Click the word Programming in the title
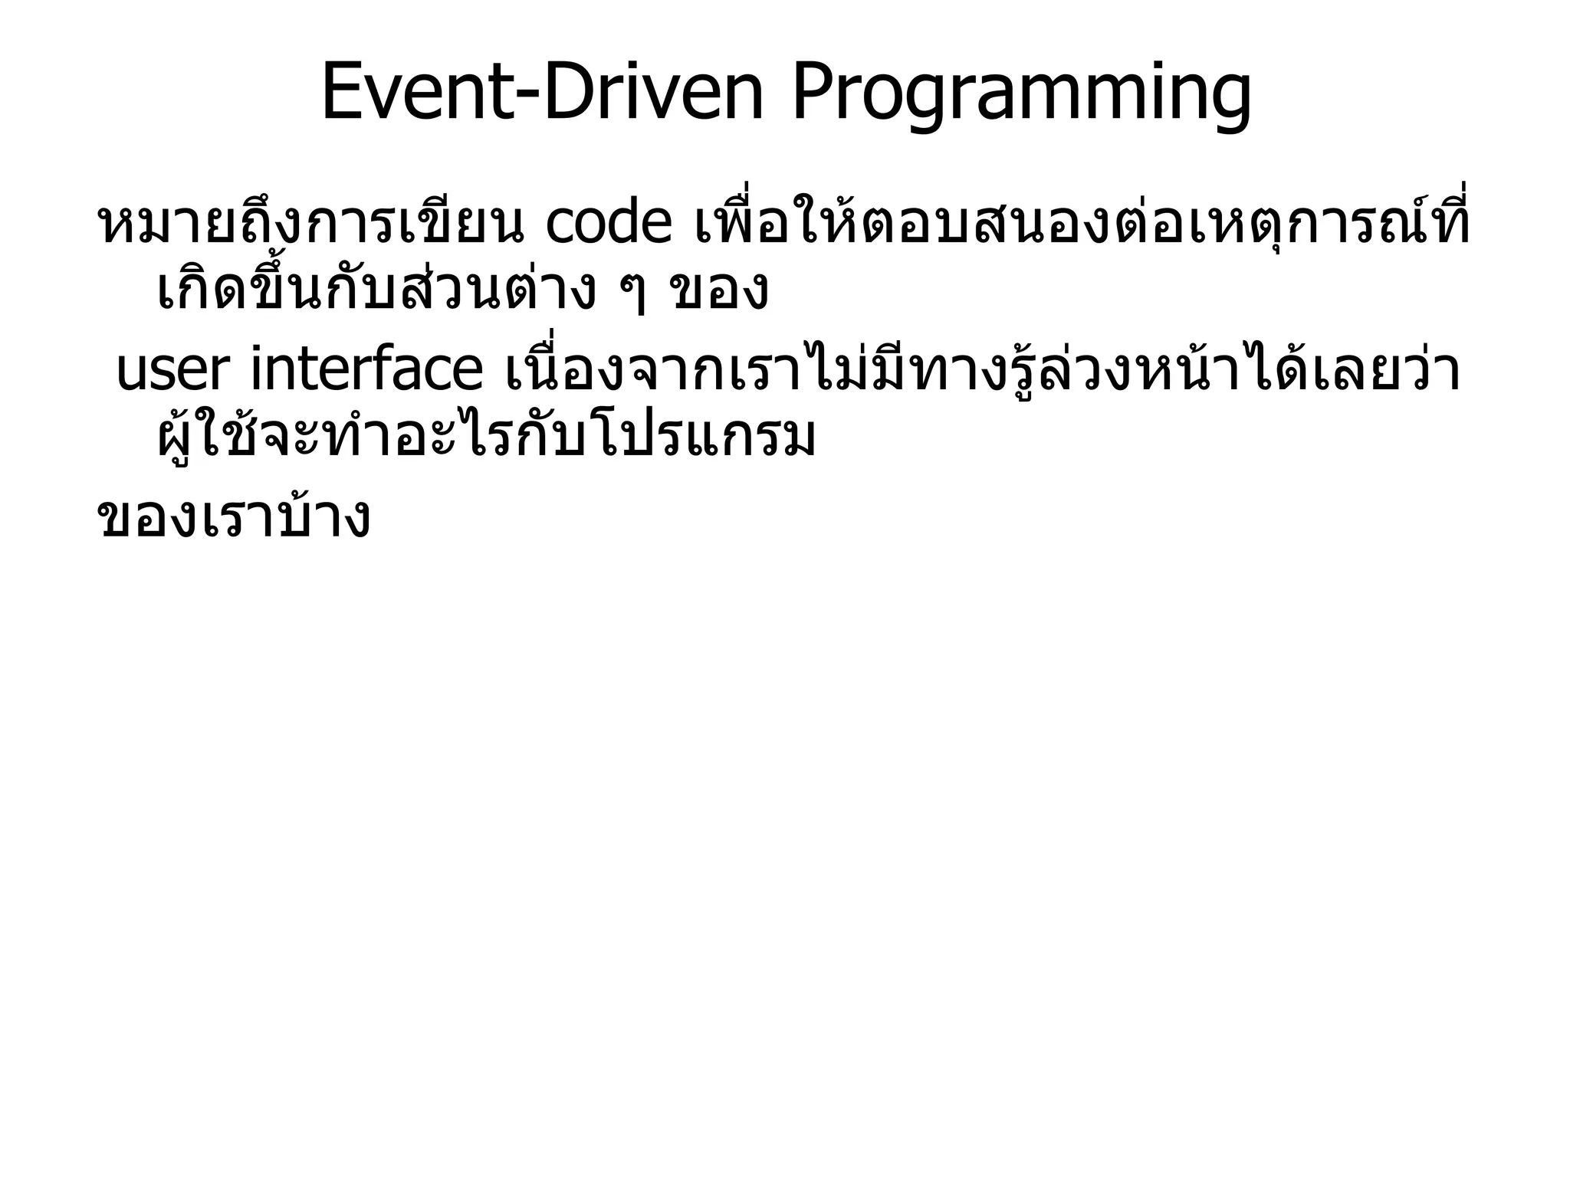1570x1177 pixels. (x=1021, y=96)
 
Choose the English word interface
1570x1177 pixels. (x=366, y=370)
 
